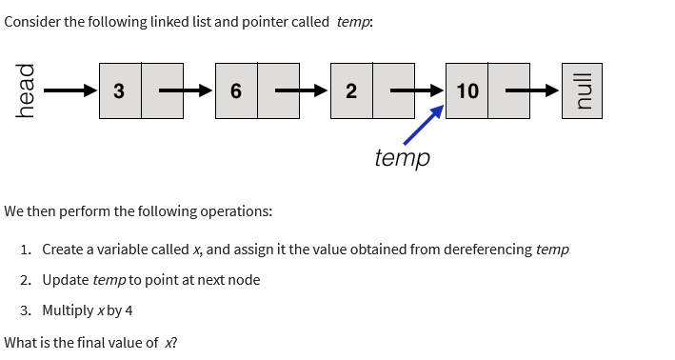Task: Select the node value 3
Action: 119,91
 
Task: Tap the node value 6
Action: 235,91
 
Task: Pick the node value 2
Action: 350,91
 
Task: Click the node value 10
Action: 467,91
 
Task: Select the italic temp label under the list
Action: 402,157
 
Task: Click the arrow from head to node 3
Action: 69,91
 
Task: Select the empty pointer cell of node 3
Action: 162,91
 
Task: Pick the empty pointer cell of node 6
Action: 278,91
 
